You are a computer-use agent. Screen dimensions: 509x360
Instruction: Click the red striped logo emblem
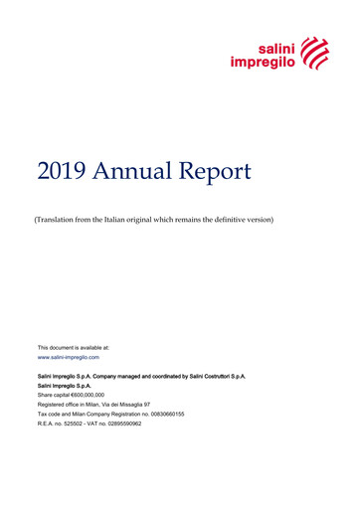tap(314, 52)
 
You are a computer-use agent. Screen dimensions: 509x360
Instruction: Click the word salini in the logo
tap(277, 46)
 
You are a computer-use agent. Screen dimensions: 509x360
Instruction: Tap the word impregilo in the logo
tap(264, 62)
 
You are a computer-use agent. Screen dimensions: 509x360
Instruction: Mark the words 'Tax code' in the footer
tap(51, 414)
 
